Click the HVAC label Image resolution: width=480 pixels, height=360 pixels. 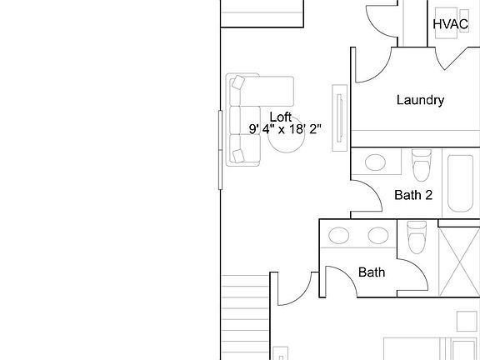450,24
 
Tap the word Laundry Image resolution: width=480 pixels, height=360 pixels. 420,100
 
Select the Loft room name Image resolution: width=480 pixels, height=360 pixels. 280,117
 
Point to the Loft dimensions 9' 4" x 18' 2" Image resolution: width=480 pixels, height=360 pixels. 285,129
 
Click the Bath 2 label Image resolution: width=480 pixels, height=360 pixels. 412,196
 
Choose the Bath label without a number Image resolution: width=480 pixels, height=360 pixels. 372,272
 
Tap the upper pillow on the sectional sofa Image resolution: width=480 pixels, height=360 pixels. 239,82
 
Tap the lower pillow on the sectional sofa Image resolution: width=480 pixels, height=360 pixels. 239,155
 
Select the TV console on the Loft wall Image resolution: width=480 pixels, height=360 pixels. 340,117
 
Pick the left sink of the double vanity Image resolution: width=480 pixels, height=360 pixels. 341,235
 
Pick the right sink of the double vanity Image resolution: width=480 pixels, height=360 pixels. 377,235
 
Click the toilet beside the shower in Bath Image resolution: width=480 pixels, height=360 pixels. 416,237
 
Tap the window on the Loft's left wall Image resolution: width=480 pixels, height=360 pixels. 221,150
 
